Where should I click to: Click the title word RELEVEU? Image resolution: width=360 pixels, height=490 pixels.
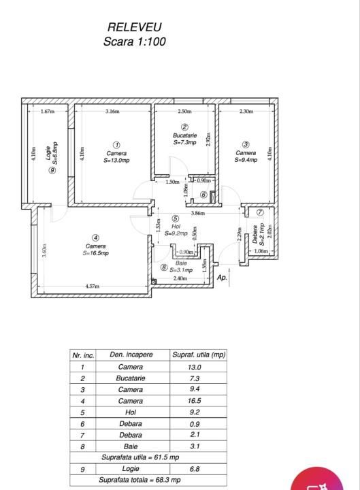(x=135, y=27)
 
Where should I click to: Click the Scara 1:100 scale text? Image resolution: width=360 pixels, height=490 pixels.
(x=134, y=41)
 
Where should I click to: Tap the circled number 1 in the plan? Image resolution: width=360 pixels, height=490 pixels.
(x=116, y=144)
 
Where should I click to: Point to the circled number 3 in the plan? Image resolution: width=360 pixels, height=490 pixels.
(x=246, y=144)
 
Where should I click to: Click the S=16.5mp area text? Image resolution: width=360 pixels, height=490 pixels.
(x=95, y=252)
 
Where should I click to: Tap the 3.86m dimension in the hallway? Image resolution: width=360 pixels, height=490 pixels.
(x=197, y=213)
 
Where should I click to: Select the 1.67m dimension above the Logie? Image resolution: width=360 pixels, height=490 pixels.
(x=47, y=112)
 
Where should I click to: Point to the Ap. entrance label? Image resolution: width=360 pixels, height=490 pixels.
(x=222, y=278)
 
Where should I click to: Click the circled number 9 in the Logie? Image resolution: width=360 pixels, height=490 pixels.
(x=52, y=170)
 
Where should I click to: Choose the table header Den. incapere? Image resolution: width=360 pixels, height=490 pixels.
(x=131, y=355)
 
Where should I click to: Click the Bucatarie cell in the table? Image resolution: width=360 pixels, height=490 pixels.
(x=130, y=378)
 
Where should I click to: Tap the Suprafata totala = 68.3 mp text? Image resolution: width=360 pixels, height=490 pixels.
(x=140, y=480)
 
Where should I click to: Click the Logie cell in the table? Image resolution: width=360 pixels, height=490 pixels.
(x=130, y=469)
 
